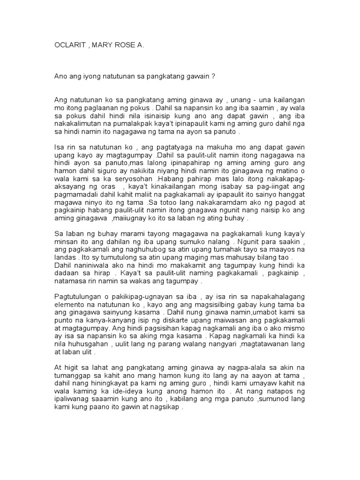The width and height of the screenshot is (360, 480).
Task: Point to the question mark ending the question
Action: (213, 76)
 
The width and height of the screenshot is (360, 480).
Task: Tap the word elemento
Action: (69, 305)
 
